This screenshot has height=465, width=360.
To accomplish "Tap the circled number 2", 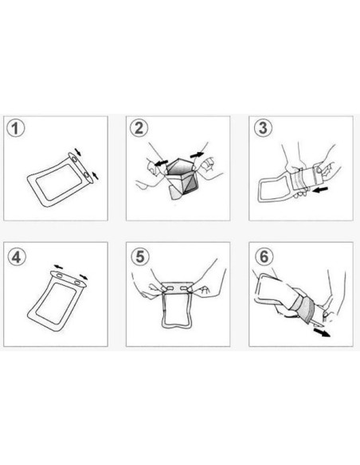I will pos(139,129).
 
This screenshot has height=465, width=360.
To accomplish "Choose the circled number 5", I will pos(139,258).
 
